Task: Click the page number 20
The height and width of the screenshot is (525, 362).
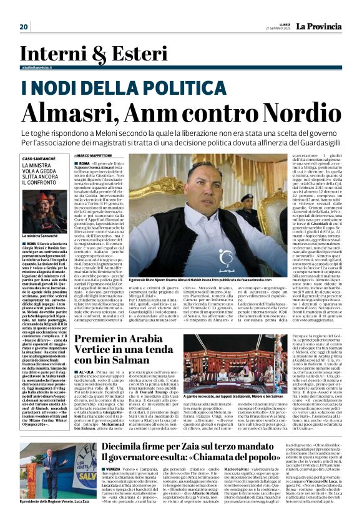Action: (x=24, y=27)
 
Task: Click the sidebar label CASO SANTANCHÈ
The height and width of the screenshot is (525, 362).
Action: (x=38, y=159)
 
